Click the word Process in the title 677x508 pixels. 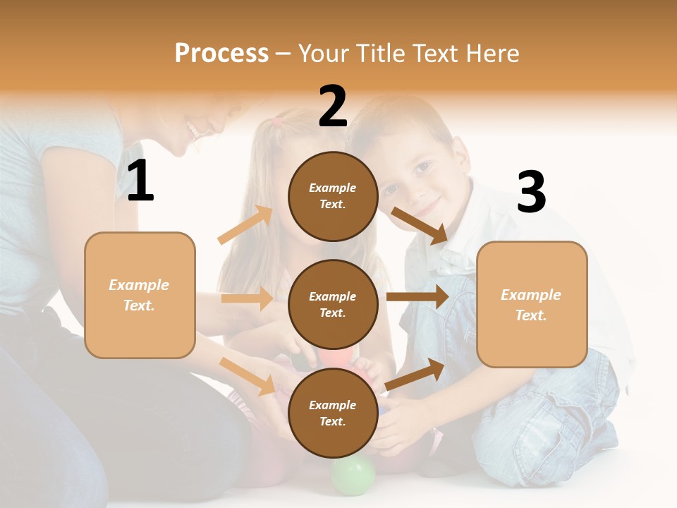click(221, 53)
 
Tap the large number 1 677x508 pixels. click(140, 181)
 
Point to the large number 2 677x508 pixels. click(333, 107)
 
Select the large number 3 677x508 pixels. click(531, 193)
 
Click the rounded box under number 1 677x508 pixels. click(140, 295)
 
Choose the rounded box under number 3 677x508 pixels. click(532, 305)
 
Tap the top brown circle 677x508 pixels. click(333, 195)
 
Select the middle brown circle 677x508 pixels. click(333, 304)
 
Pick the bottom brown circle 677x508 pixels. click(333, 413)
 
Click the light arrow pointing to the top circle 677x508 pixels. click(246, 225)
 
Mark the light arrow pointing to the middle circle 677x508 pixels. click(247, 298)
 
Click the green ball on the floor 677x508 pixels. click(353, 475)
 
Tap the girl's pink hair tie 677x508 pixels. click(277, 121)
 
